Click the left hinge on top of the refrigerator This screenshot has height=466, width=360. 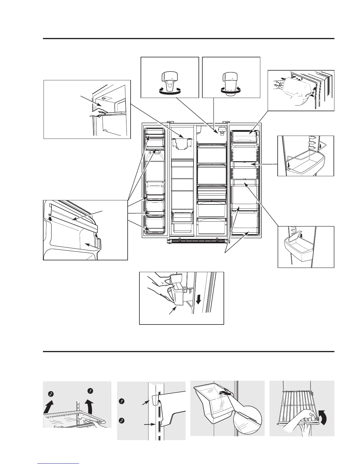[x=170, y=122]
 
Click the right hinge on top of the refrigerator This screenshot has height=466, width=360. [x=226, y=122]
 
